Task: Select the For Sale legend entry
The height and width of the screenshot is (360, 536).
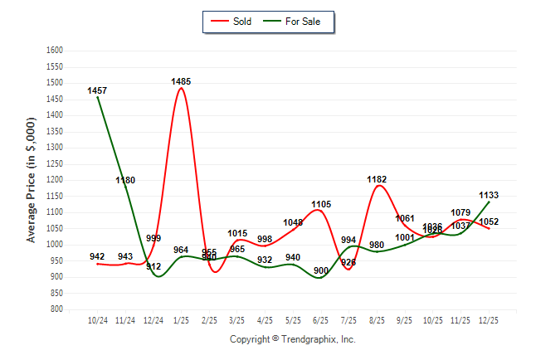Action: coord(303,21)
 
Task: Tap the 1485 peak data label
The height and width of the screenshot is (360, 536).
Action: coord(181,81)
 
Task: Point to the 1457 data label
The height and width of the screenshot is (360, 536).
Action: coord(97,90)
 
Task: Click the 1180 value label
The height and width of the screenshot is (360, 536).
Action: coord(124,180)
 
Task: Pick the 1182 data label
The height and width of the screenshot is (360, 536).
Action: coord(377,179)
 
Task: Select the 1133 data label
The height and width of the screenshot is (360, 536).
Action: coord(489,196)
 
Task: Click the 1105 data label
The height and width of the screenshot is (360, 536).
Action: coord(321,204)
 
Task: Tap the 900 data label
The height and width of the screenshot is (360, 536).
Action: coord(321,271)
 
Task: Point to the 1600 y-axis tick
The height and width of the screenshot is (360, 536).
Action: coord(55,51)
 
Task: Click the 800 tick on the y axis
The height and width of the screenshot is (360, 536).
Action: coord(56,309)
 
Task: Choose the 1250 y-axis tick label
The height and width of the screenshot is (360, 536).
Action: coord(55,163)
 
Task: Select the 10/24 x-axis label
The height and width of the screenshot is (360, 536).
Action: coord(97,319)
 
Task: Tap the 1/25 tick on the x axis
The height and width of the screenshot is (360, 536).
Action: coord(181,319)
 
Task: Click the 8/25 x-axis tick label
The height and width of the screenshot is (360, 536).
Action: coord(377,319)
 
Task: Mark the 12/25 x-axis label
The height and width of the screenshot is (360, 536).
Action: coord(489,319)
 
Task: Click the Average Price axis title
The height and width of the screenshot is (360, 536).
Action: coord(32,179)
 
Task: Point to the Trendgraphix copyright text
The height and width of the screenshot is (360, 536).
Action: coord(292,339)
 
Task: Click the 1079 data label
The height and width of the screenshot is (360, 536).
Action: coord(460,212)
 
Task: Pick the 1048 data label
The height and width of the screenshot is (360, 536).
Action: coord(293,223)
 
